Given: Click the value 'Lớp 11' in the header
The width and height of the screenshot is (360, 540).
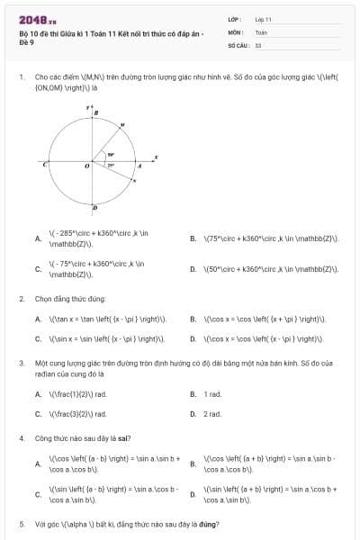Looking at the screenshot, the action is pos(263,18).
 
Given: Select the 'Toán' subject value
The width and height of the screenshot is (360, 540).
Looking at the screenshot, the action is pos(261,31).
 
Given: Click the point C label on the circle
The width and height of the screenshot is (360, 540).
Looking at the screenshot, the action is pos(44,165).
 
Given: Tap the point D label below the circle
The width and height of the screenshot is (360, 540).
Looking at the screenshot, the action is pos(95,209).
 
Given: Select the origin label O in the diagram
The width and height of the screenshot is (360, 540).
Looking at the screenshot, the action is pos(87,166).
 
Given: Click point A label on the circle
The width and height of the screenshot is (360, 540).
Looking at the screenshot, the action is pos(139,166).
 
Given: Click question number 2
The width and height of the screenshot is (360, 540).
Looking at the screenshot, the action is pos(21,298).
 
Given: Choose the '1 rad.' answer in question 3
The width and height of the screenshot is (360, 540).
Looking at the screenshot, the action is pos(212,394).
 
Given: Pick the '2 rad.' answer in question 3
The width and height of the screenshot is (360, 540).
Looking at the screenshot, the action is pos(212,414).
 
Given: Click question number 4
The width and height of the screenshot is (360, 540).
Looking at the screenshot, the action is pos(21,438).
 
